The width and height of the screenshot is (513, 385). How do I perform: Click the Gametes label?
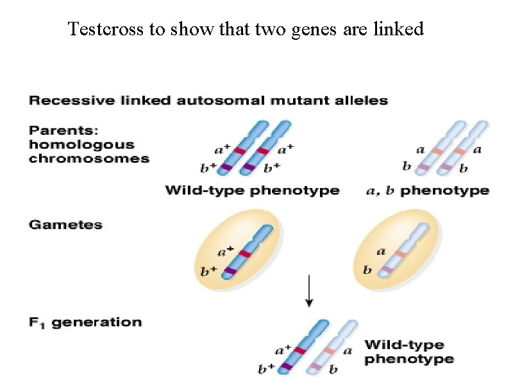(65, 225)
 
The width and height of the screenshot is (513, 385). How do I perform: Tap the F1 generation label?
(85, 322)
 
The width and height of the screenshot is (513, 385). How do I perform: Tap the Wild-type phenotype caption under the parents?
(252, 191)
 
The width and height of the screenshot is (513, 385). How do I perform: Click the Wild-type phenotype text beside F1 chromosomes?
(408, 352)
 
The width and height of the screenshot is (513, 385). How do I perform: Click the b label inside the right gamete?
(367, 270)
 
